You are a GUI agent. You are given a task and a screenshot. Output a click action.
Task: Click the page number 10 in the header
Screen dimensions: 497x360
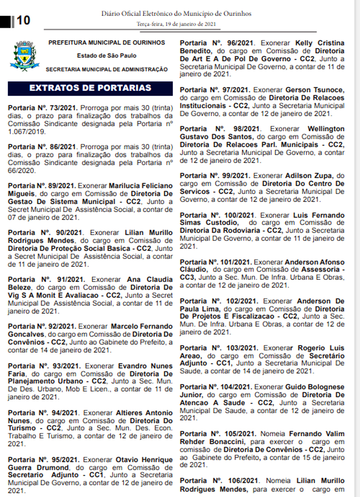point(23,20)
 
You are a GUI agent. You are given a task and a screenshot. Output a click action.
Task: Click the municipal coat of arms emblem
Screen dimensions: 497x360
point(24,55)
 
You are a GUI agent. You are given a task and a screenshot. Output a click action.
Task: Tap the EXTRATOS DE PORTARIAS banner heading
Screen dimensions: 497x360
point(90,88)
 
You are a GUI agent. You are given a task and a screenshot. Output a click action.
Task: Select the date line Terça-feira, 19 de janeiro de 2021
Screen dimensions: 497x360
point(176,24)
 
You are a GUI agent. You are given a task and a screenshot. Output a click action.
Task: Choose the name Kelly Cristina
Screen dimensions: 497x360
point(319,43)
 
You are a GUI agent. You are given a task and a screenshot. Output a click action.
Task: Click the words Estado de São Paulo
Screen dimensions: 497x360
point(107,56)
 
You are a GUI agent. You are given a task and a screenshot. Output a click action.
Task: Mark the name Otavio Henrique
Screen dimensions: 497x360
point(143,460)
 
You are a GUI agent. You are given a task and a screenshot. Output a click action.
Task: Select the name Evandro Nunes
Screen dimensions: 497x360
point(145,366)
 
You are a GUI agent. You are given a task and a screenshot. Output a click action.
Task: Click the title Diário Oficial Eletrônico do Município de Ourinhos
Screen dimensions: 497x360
point(176,14)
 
